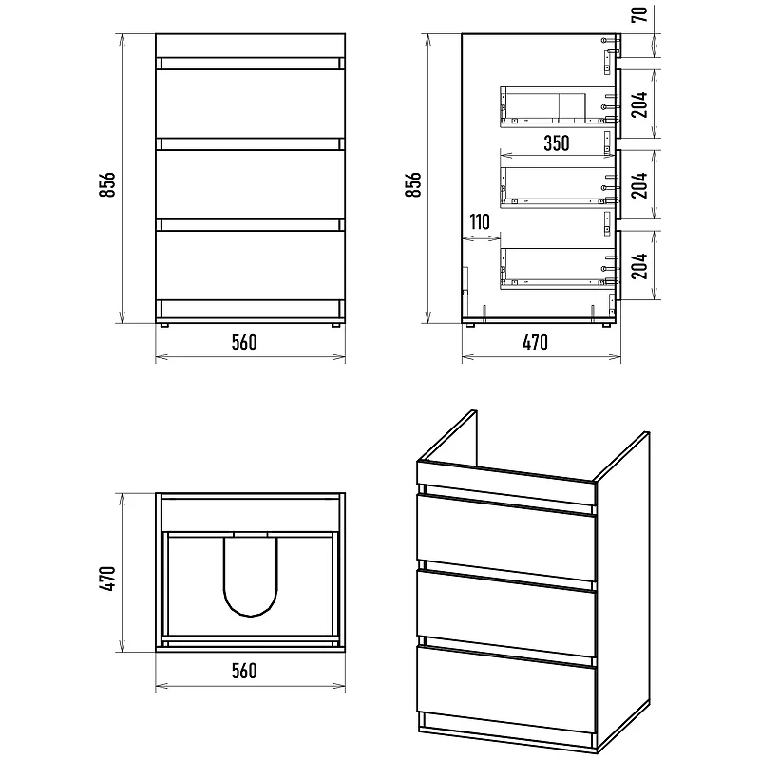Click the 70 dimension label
pyautogui.click(x=639, y=14)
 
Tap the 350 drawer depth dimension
pyautogui.click(x=556, y=143)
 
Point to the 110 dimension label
pyautogui.click(x=480, y=222)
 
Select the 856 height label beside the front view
pyautogui.click(x=107, y=184)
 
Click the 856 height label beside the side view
pyautogui.click(x=413, y=184)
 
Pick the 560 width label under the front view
pyautogui.click(x=244, y=343)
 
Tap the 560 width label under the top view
pyautogui.click(x=244, y=671)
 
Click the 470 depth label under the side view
pyautogui.click(x=535, y=343)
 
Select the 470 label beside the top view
pyautogui.click(x=107, y=579)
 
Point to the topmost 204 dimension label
pyautogui.click(x=639, y=104)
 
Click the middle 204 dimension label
pyautogui.click(x=639, y=185)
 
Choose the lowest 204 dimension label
pyautogui.click(x=639, y=266)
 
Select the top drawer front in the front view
pyautogui.click(x=250, y=104)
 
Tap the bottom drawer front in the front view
pyautogui.click(x=250, y=265)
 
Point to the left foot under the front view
pyautogui.click(x=163, y=325)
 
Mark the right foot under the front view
pyautogui.click(x=336, y=325)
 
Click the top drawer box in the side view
pyautogui.click(x=559, y=107)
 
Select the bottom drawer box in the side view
pyautogui.click(x=559, y=269)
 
